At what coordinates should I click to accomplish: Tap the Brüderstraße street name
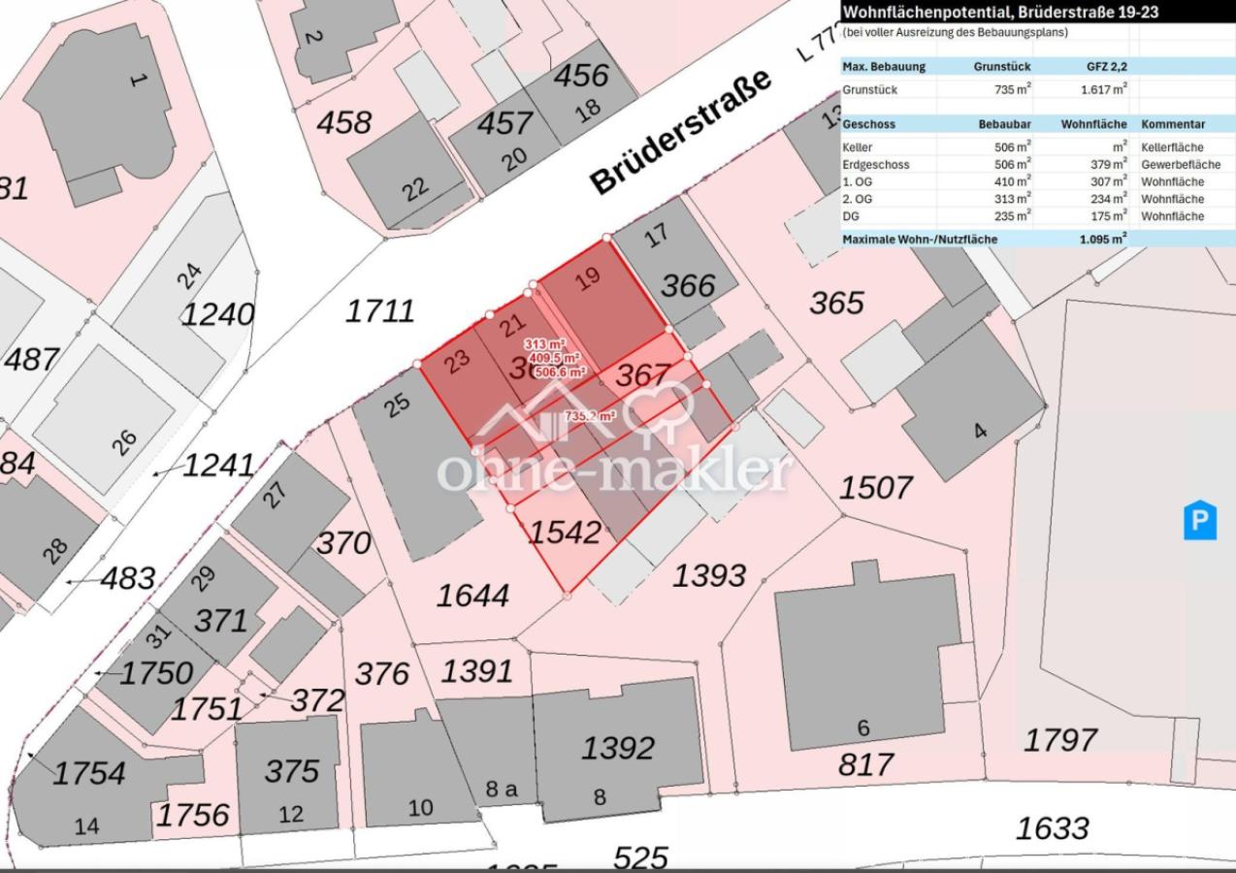click(x=681, y=131)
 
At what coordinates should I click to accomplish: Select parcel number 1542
click(x=564, y=532)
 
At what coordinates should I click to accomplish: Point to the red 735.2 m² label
click(x=591, y=415)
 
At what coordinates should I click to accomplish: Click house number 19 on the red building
click(x=587, y=280)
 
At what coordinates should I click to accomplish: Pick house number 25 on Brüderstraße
click(x=397, y=404)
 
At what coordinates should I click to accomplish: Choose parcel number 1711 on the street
click(x=380, y=311)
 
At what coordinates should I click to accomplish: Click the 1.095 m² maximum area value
click(x=1103, y=239)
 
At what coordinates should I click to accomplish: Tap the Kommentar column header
click(x=1172, y=124)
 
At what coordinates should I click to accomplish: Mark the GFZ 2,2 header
click(x=1106, y=67)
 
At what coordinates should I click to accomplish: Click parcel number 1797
click(x=1059, y=740)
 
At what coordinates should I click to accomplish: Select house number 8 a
click(x=501, y=789)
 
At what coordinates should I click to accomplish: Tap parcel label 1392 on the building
click(x=618, y=748)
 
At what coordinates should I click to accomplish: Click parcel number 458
click(x=344, y=123)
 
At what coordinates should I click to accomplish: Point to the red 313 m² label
click(x=544, y=344)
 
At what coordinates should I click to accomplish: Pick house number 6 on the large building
click(x=863, y=727)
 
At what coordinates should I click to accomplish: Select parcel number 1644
click(x=472, y=596)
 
